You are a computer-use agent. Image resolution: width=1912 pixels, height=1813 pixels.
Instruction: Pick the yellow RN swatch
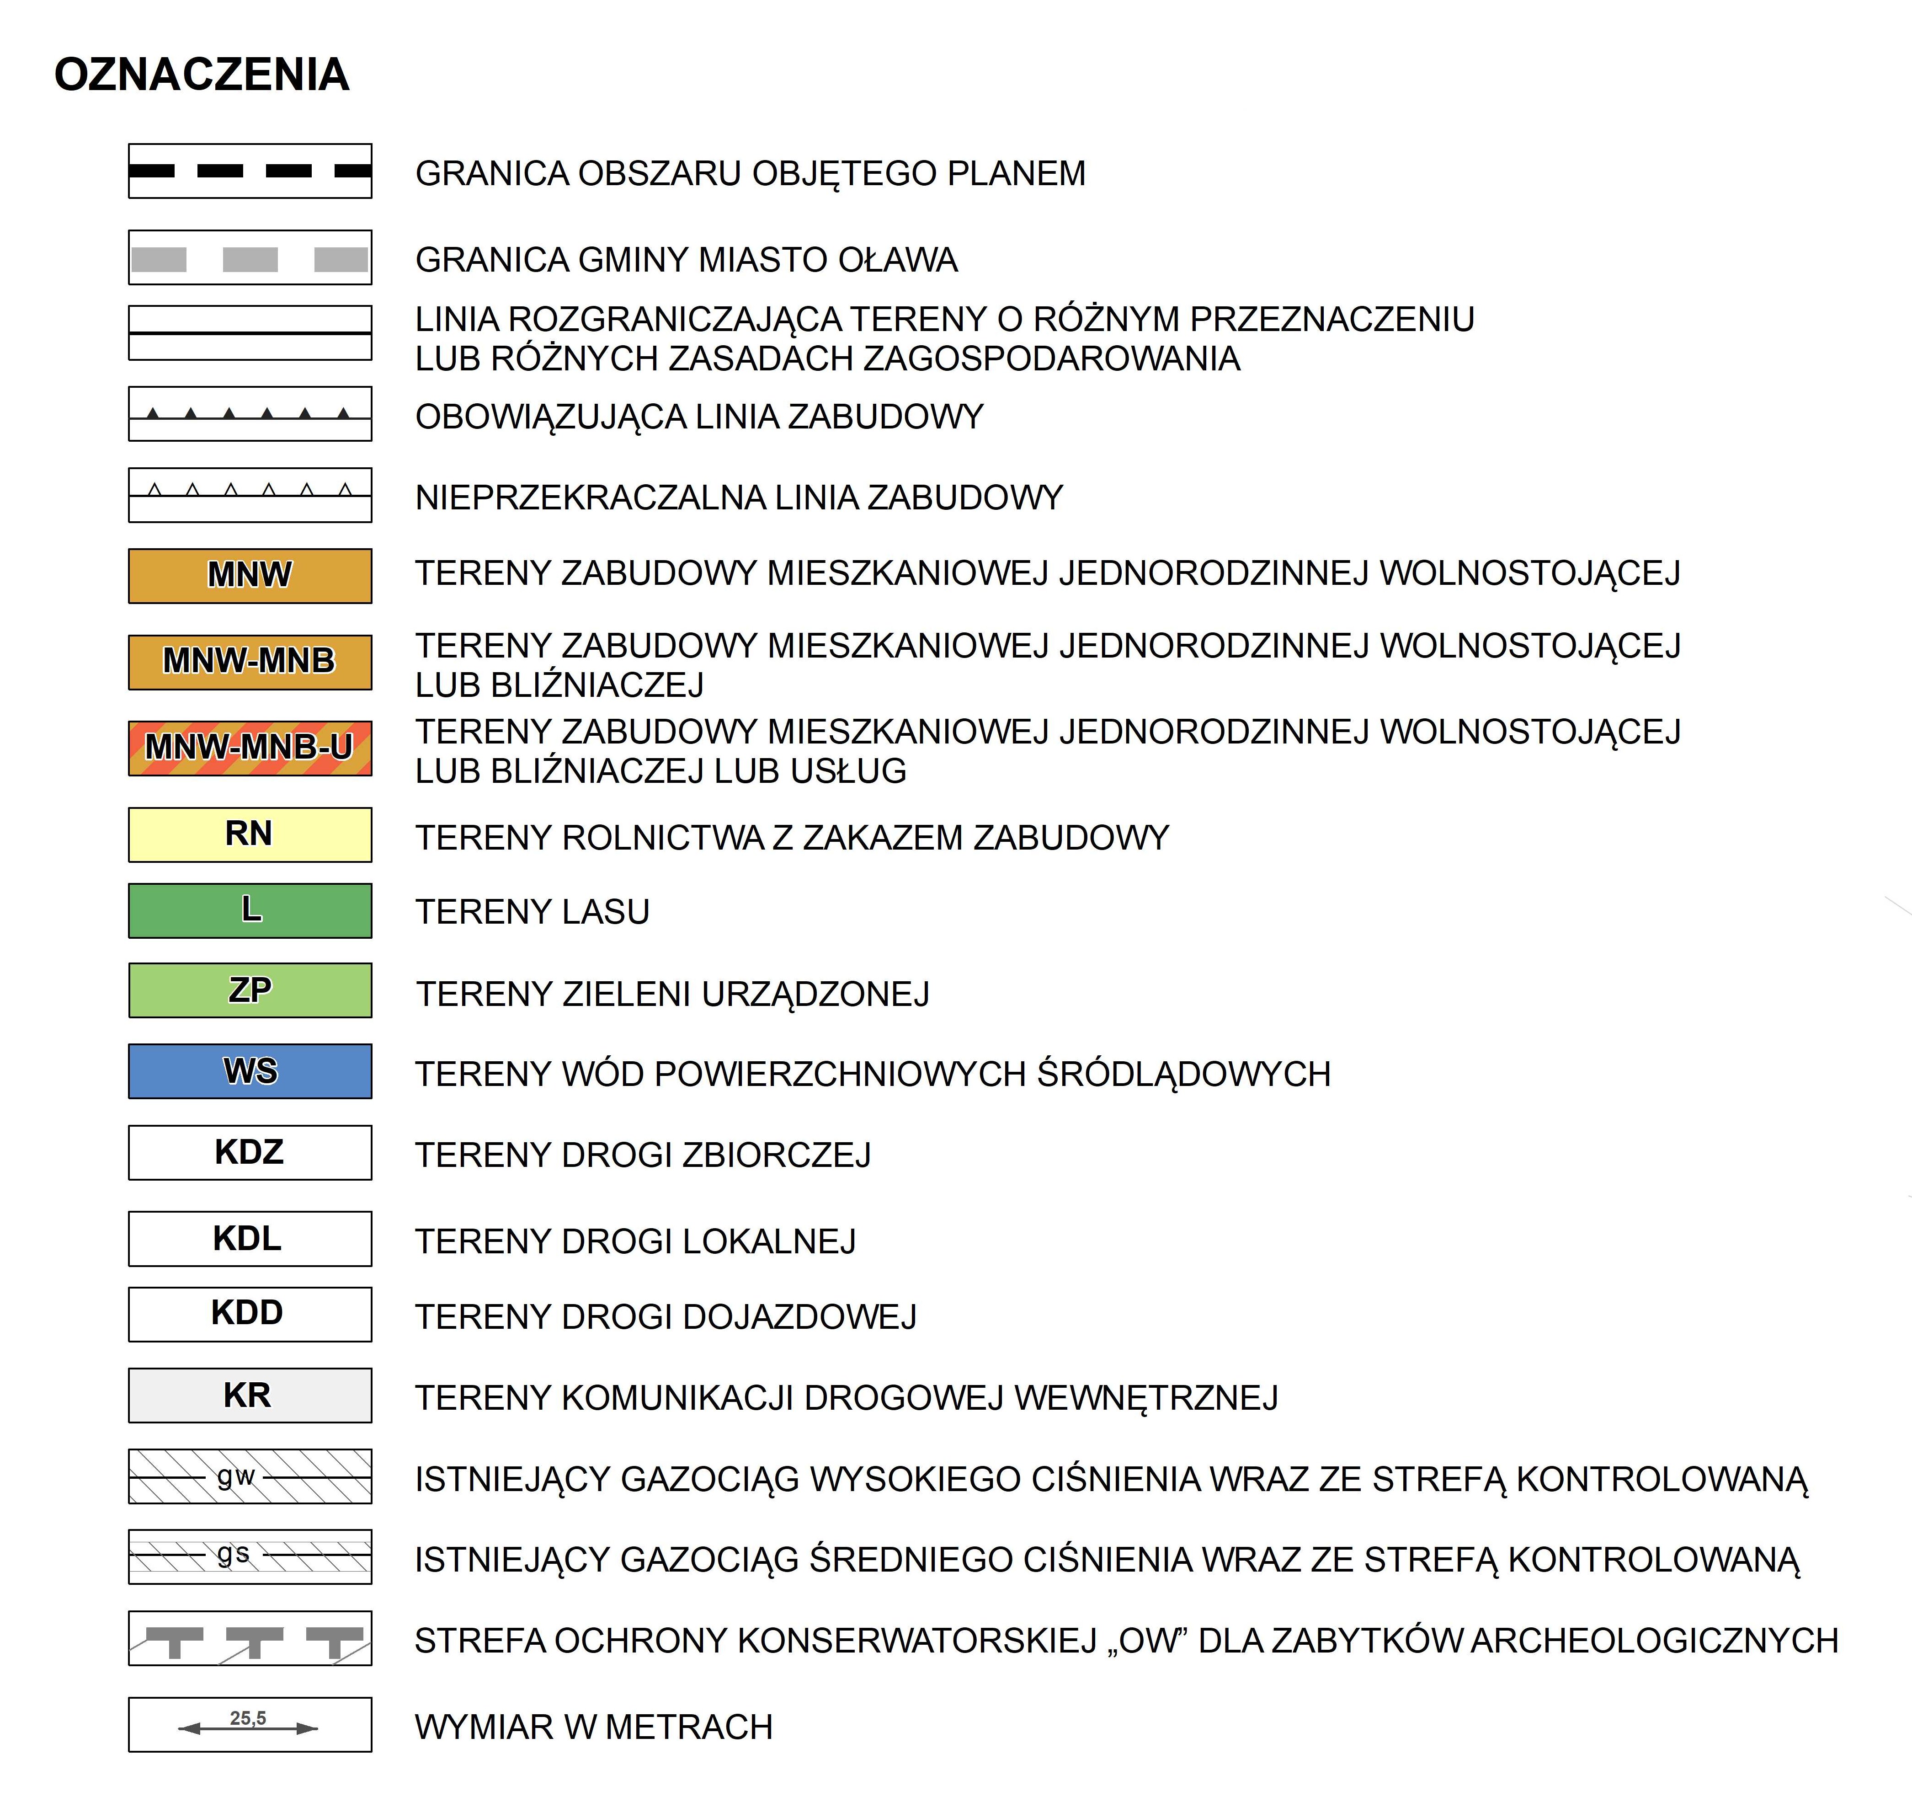[x=249, y=834]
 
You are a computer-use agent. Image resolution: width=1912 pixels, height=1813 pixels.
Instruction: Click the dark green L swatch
[x=249, y=910]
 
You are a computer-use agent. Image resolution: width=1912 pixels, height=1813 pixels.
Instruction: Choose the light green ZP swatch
[x=249, y=989]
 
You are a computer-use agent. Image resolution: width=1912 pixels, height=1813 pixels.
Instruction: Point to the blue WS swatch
[x=249, y=1071]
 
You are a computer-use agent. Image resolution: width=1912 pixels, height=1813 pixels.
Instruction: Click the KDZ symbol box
[x=249, y=1152]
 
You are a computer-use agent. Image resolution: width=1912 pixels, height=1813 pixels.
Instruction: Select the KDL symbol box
[x=249, y=1238]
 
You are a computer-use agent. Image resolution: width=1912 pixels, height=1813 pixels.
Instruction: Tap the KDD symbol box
[x=249, y=1313]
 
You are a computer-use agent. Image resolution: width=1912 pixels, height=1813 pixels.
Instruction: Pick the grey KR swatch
[x=249, y=1395]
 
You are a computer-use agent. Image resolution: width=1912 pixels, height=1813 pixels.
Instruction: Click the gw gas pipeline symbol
[x=249, y=1476]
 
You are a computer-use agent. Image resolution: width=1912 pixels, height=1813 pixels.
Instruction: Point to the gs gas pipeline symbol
[x=249, y=1556]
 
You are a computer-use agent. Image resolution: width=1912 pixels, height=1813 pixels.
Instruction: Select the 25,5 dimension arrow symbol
[x=249, y=1724]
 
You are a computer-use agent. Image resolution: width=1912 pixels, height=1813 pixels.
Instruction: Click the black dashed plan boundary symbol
[x=249, y=171]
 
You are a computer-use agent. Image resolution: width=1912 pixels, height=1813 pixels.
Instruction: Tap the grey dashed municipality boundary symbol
[x=249, y=258]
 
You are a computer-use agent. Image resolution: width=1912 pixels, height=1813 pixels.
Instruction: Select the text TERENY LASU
[x=533, y=911]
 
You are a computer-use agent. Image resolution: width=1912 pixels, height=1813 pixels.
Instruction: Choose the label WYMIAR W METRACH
[x=593, y=1727]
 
